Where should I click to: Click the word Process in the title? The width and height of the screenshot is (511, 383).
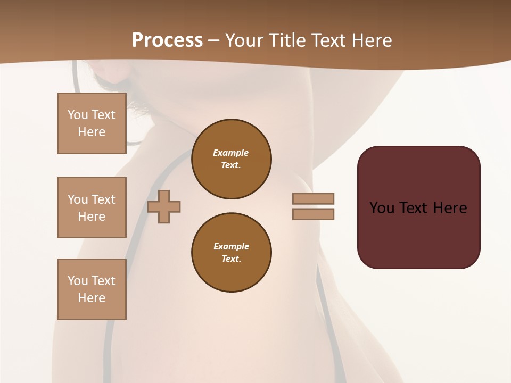[167, 40]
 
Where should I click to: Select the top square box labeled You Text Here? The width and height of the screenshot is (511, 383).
[92, 123]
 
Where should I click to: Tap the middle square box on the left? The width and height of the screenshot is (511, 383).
[92, 207]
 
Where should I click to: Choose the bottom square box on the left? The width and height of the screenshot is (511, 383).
[92, 289]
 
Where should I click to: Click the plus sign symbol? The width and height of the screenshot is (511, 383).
[164, 206]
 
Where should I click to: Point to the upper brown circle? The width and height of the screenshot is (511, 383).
[232, 159]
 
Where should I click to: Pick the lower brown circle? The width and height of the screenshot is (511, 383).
[232, 253]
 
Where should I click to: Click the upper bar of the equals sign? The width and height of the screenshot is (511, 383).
[314, 199]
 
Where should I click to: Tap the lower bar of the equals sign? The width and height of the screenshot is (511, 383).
[314, 214]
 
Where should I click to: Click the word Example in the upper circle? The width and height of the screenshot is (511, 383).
[231, 153]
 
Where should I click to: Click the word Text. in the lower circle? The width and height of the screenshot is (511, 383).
[231, 259]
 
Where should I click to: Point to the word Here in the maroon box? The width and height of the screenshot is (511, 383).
[450, 208]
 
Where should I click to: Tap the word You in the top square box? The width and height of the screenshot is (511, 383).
[77, 115]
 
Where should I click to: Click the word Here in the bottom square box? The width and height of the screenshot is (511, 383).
[92, 298]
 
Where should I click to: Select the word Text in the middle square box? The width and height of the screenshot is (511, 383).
[103, 199]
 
